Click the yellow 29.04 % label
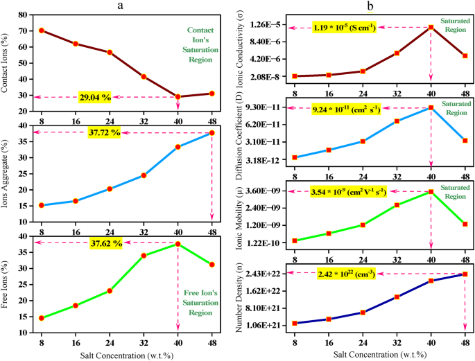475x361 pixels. (x=96, y=98)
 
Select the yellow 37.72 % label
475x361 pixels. (x=105, y=132)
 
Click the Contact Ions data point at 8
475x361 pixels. (x=42, y=30)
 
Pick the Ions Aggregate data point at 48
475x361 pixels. (x=211, y=133)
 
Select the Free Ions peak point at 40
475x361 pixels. (x=178, y=244)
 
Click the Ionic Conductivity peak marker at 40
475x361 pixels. (x=431, y=28)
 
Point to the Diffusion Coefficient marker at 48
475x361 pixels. (x=465, y=141)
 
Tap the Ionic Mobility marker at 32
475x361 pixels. (x=397, y=205)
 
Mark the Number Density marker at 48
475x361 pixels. (x=465, y=274)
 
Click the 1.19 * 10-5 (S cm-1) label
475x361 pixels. (x=347, y=28)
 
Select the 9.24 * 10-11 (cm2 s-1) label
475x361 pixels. (x=349, y=109)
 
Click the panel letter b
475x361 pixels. (x=370, y=5)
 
